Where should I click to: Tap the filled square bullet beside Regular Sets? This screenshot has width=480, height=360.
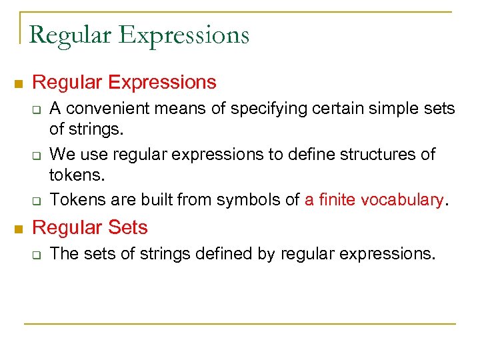point(18,229)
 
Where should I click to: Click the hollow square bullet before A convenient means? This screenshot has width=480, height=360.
point(39,109)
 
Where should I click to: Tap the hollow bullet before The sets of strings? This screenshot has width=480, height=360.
point(39,255)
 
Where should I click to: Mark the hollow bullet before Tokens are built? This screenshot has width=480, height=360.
point(39,200)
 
